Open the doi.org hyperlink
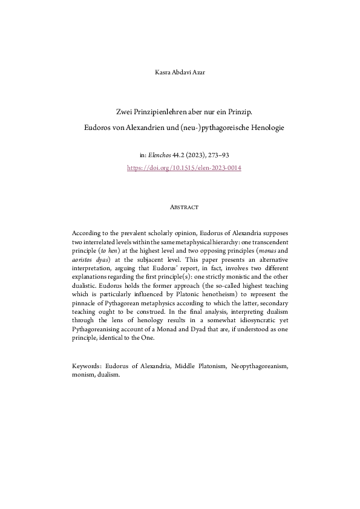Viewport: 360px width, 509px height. (184, 167)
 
